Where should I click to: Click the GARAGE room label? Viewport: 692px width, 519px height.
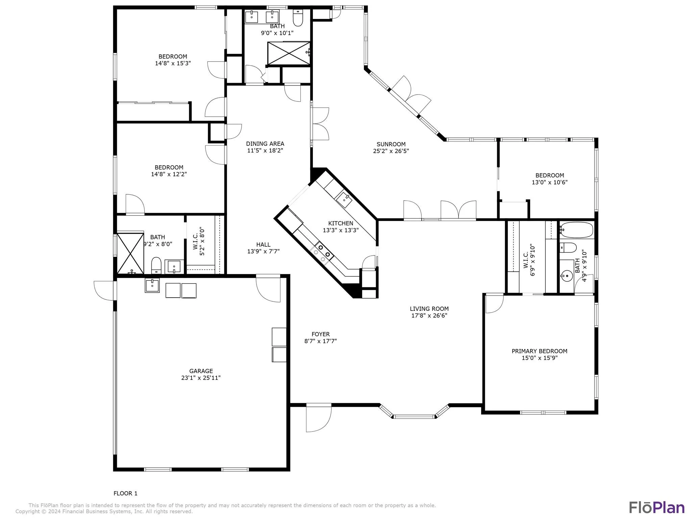(201, 371)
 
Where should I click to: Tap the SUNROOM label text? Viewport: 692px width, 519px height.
(391, 144)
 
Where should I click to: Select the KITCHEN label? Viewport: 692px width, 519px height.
(341, 223)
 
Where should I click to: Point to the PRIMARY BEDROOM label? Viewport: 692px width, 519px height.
(539, 351)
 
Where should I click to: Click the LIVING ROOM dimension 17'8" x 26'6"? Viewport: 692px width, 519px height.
(429, 316)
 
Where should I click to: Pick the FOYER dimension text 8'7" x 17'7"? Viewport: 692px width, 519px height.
(321, 341)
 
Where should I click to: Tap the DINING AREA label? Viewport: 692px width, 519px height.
(265, 144)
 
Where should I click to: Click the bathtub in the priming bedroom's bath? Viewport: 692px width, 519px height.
(576, 230)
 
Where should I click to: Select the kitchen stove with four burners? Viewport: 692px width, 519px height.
(321, 253)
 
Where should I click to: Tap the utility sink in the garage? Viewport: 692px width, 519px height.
(152, 285)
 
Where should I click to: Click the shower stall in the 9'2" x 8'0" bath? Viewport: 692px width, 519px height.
(130, 253)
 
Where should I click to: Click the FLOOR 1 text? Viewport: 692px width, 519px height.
(125, 493)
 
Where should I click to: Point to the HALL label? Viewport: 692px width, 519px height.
(263, 245)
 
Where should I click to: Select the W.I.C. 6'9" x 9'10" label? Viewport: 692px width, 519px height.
(529, 260)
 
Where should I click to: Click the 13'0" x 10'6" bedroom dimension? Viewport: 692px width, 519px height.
(549, 182)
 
